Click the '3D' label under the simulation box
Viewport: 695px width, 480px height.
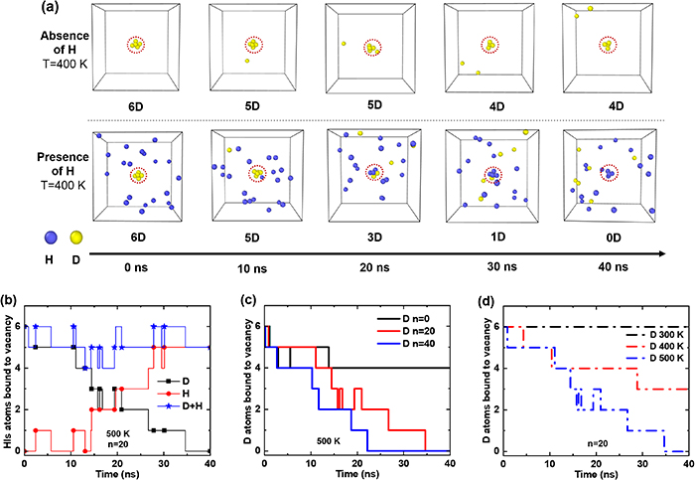pos(373,239)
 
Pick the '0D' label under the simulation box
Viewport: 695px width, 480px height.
pos(608,239)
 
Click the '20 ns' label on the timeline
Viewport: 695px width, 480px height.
pos(373,267)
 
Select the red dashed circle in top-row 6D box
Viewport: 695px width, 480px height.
pos(139,45)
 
